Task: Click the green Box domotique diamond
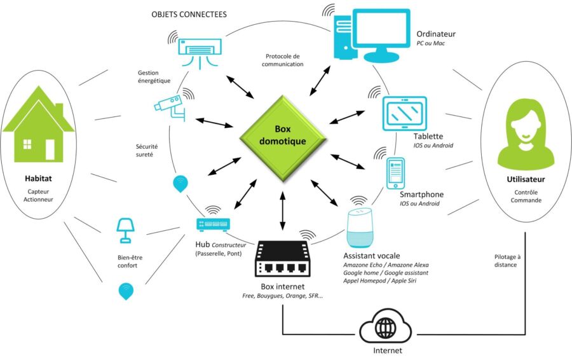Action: (x=283, y=139)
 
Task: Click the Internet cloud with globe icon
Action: (x=386, y=326)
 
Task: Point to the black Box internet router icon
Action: (x=282, y=258)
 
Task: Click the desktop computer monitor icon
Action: (x=372, y=35)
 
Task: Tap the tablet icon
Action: (x=404, y=113)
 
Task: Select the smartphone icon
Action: (x=395, y=173)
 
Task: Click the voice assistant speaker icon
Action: (x=360, y=228)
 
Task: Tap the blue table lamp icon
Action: (x=125, y=230)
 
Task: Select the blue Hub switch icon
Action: (x=213, y=224)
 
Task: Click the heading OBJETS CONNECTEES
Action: (x=189, y=15)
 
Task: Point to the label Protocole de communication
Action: (x=282, y=60)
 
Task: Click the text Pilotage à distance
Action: (x=507, y=261)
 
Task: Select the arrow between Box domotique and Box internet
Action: (x=282, y=211)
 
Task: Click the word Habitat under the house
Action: (x=38, y=179)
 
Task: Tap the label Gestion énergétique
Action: (x=154, y=77)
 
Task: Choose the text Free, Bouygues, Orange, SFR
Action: (x=282, y=296)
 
